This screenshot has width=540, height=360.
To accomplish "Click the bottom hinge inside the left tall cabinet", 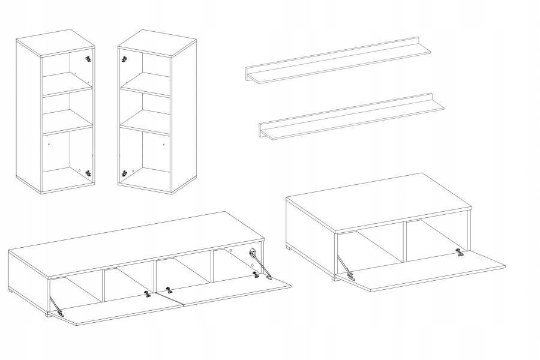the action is coord(89,173).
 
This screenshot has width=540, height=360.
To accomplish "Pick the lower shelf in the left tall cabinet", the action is coord(67,127).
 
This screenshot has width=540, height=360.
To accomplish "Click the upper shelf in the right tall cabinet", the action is coord(146,85).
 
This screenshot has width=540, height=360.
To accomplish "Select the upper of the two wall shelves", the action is coord(342,64).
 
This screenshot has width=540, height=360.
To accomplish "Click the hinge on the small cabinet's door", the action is coord(460,253).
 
